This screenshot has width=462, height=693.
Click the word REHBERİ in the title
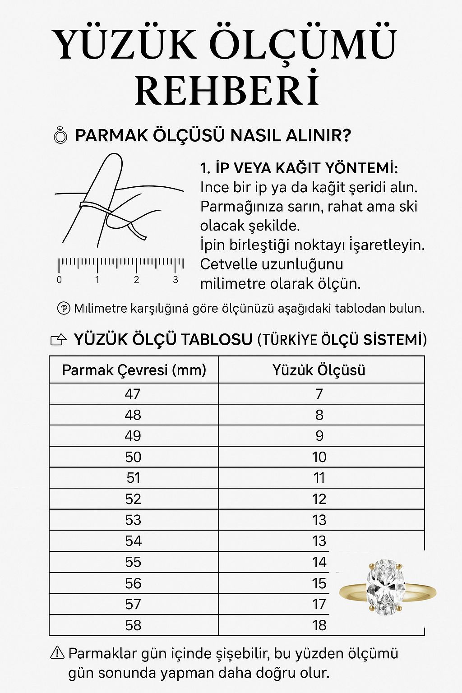point(227,90)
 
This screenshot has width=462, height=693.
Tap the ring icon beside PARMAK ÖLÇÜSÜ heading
point(60,135)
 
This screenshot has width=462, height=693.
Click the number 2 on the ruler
point(136,280)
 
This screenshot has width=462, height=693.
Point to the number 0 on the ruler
point(60,280)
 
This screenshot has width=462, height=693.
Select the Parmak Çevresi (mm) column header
point(134,370)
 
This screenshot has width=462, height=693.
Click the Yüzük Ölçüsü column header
point(319,370)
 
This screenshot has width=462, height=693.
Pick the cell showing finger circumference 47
point(133,394)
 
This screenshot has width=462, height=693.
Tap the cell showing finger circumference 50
point(133,457)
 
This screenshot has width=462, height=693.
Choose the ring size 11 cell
point(319,478)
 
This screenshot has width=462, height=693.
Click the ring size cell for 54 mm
point(319,541)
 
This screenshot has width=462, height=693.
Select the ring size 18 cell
point(319,625)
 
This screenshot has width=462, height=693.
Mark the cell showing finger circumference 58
point(133,625)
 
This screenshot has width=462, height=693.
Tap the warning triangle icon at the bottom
point(58,652)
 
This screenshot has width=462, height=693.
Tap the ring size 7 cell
point(319,394)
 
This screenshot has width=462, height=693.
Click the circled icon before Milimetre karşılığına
point(64,309)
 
